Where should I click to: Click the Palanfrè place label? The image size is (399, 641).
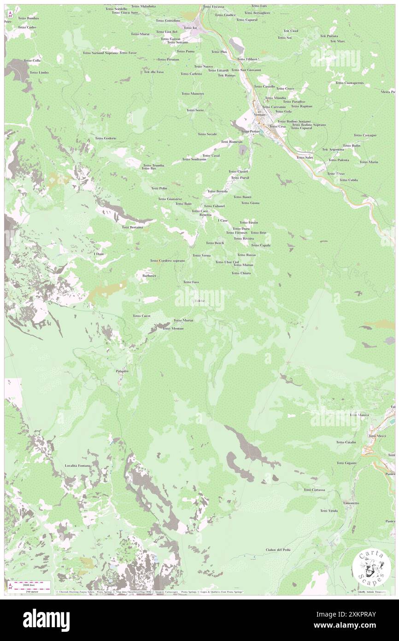tap(118, 370)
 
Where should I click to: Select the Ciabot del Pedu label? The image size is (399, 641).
tap(278, 550)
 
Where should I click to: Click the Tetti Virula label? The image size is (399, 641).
tap(329, 510)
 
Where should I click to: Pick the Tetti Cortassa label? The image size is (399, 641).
tap(315, 489)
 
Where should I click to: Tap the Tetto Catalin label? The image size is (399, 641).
tap(346, 442)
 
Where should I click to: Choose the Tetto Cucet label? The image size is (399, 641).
tap(141, 316)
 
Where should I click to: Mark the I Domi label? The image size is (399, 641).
tap(99, 254)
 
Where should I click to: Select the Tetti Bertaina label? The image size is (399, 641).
tap(132, 227)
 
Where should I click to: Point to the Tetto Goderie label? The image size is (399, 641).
tap(106, 138)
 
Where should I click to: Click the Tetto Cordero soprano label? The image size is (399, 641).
tap(167, 261)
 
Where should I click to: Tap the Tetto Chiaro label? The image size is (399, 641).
tap(241, 273)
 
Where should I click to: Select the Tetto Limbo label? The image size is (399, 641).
tap(39, 72)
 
